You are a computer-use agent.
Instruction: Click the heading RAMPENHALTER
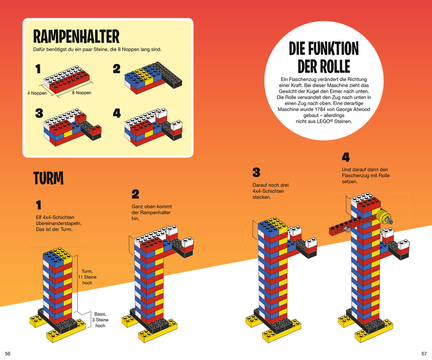pos(76,37)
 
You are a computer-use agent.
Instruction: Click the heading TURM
pos(48,179)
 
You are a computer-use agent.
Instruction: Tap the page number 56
pos(8,353)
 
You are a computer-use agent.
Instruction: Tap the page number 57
pos(424,353)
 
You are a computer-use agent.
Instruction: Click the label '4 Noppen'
pos(37,93)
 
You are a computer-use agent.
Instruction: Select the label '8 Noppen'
pos(81,93)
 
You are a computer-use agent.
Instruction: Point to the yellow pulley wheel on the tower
pos(382,217)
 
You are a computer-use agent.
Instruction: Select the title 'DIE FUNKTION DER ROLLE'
pos(324,58)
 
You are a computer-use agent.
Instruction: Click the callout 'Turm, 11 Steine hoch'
pos(87,277)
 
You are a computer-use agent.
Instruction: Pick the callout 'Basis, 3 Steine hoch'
pos(100,320)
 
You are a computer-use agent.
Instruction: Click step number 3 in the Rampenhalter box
pos(39,113)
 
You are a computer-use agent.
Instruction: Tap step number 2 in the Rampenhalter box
pos(116,69)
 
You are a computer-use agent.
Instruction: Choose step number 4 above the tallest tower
pos(346,158)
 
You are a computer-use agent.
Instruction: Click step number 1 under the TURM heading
pos(39,205)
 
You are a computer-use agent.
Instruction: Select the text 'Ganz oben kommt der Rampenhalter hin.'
pos(151,213)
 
